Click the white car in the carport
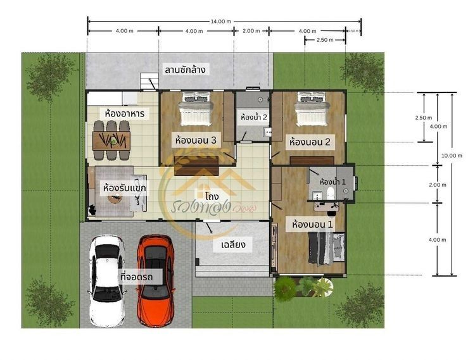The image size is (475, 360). click(x=108, y=279)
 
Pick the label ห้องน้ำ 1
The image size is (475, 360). click(x=332, y=182)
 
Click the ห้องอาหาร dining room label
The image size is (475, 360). click(x=125, y=113)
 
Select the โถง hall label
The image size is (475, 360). click(x=212, y=197)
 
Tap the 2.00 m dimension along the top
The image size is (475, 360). click(x=251, y=31)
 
